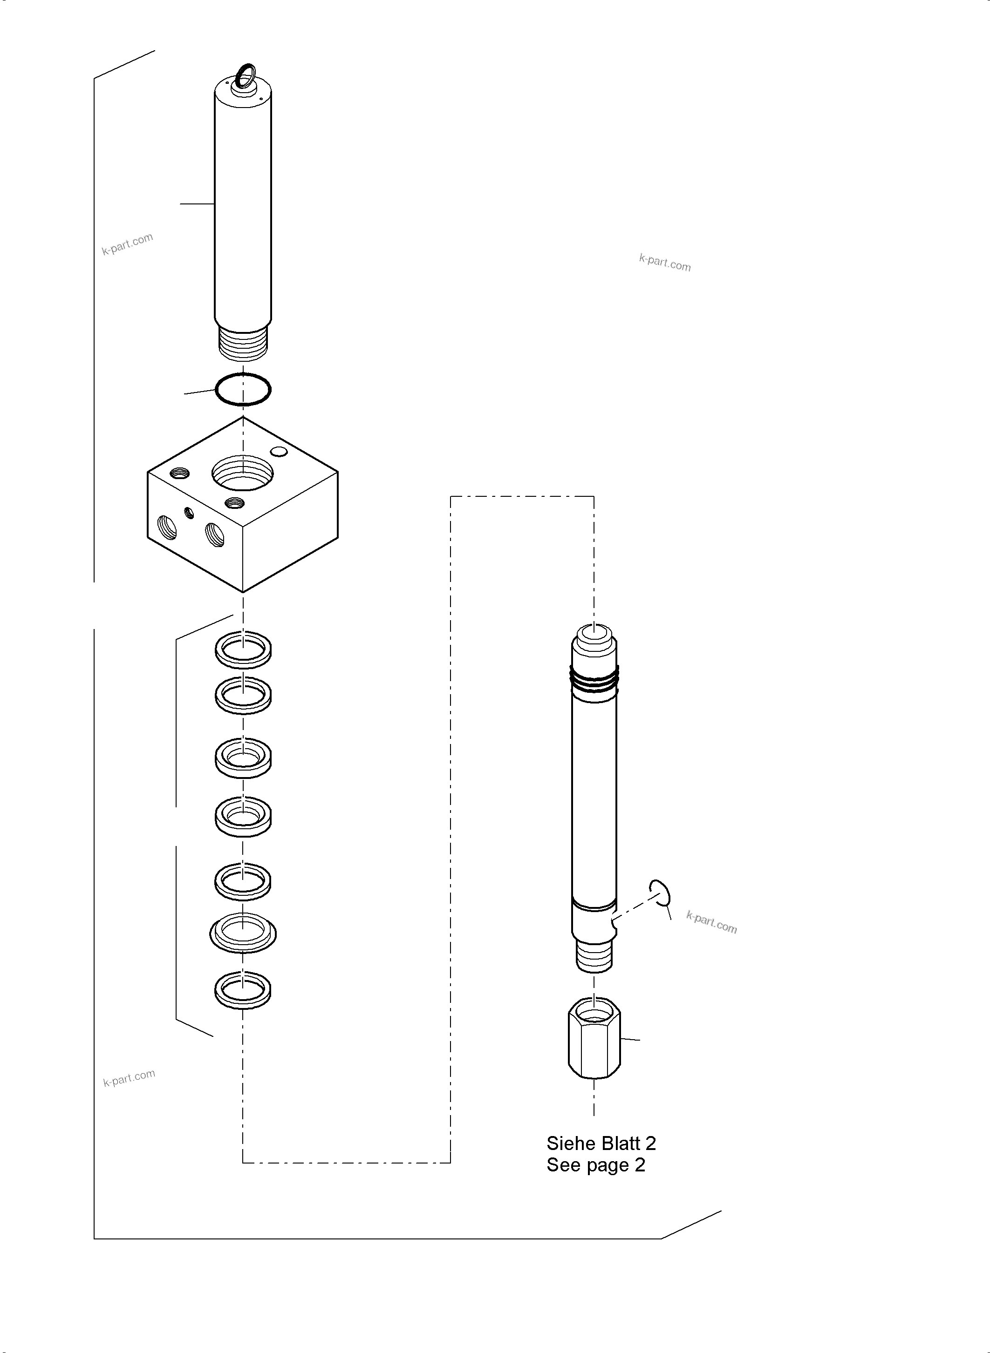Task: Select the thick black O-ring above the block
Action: [x=243, y=389]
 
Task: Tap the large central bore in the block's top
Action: [x=243, y=473]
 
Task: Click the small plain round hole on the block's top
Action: [x=279, y=452]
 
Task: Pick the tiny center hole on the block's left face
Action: [x=190, y=512]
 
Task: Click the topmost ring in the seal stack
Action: [x=243, y=649]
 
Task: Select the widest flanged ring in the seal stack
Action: [x=243, y=933]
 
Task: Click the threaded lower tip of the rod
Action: [x=594, y=956]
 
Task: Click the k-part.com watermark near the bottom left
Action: [x=129, y=1078]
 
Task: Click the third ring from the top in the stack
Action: [x=243, y=758]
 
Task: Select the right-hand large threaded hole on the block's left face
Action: [x=215, y=534]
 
